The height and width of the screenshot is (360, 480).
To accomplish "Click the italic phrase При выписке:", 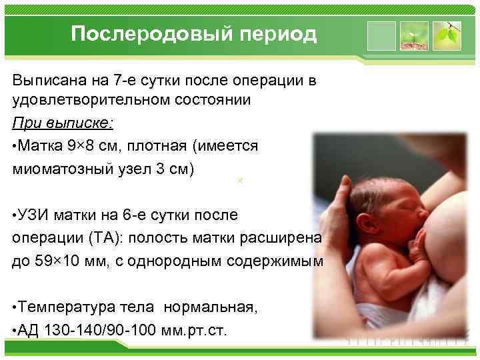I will pos(63,123).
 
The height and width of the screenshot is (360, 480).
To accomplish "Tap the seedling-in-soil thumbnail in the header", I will pos(415,36).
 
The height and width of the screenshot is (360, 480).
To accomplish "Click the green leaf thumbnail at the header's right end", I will pos(447,36).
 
